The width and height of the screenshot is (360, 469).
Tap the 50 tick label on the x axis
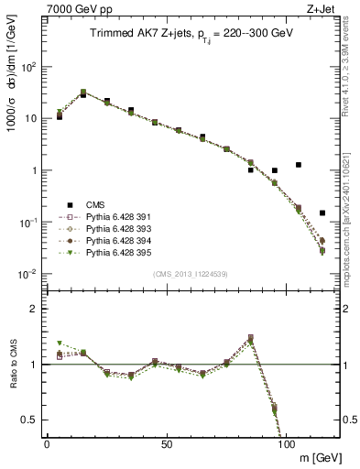(167, 443)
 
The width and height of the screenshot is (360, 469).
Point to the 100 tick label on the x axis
(286, 443)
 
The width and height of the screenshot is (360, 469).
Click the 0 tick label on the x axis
(47, 443)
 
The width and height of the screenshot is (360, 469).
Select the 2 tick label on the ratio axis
(34, 309)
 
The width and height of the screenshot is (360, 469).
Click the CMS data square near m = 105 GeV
(299, 165)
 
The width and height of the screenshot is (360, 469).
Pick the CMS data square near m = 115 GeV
(322, 213)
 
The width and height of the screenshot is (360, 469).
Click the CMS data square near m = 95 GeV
(275, 170)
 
